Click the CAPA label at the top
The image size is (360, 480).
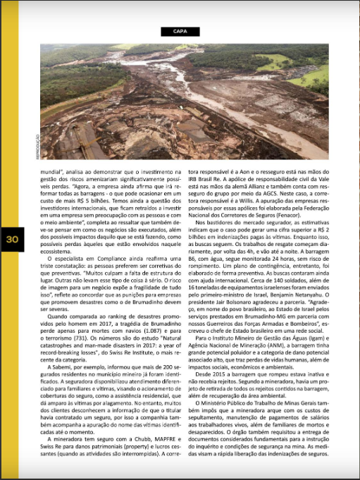tap(180, 31)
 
